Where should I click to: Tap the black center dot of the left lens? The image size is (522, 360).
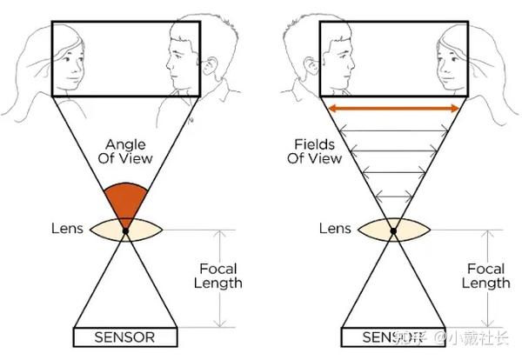point(125,230)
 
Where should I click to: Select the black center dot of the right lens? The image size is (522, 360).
point(393,230)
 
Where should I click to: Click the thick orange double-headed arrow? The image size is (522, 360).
point(393,108)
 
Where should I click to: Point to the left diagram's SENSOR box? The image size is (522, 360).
point(125,337)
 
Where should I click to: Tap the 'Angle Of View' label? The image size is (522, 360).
point(128,151)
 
